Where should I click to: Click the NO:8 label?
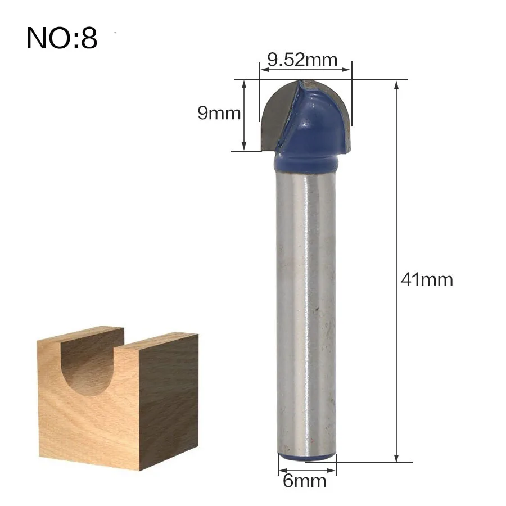pos(62,38)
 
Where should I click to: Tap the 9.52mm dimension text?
pos(302,60)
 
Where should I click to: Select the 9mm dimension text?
pos(219,114)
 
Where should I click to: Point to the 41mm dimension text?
pos(427,279)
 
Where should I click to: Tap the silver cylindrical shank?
pos(306,309)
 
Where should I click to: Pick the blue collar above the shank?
pos(306,163)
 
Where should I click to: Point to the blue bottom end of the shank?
pos(306,458)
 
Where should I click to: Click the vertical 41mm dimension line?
pos(397,270)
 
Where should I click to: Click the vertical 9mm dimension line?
pos(244,115)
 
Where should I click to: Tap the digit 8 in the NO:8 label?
pos(88,38)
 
